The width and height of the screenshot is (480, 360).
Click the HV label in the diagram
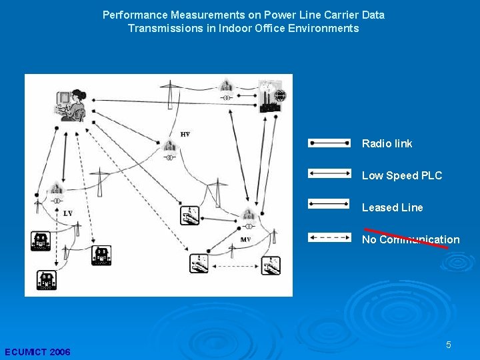(x=185, y=135)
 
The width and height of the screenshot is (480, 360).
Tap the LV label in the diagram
(x=68, y=213)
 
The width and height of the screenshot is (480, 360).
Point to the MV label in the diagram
(x=245, y=239)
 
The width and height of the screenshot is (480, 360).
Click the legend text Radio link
(x=387, y=143)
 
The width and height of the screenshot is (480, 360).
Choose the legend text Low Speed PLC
(x=401, y=175)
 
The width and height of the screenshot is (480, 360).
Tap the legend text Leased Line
(x=392, y=207)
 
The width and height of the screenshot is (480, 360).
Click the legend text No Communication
(x=411, y=239)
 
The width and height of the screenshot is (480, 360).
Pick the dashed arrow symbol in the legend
(x=329, y=237)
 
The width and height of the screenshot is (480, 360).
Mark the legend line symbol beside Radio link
(x=329, y=143)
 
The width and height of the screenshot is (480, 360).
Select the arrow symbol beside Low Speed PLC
(x=329, y=173)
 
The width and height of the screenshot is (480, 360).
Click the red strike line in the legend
(x=406, y=237)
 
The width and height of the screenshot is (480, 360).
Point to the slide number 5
(x=449, y=345)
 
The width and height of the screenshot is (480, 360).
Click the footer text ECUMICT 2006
(x=37, y=352)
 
